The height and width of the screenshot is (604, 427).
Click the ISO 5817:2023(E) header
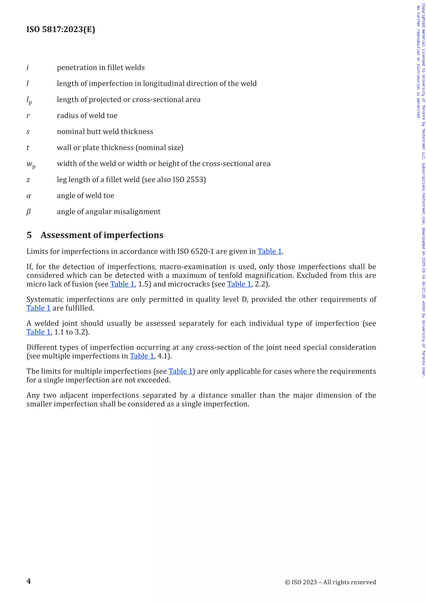coord(61,29)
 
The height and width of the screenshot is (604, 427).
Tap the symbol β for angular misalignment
coord(28,212)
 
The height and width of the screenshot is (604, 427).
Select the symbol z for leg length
coord(28,180)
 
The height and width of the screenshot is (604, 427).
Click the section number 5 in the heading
coord(29,235)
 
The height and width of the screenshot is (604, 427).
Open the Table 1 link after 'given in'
coord(270,252)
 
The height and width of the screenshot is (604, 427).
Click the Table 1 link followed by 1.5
coord(122,284)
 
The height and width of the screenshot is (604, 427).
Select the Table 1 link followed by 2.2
coord(239,284)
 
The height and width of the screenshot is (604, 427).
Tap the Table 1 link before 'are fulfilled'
coord(38,308)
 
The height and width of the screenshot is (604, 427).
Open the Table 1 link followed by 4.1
coord(142,356)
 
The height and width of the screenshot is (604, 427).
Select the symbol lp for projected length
coord(29,100)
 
